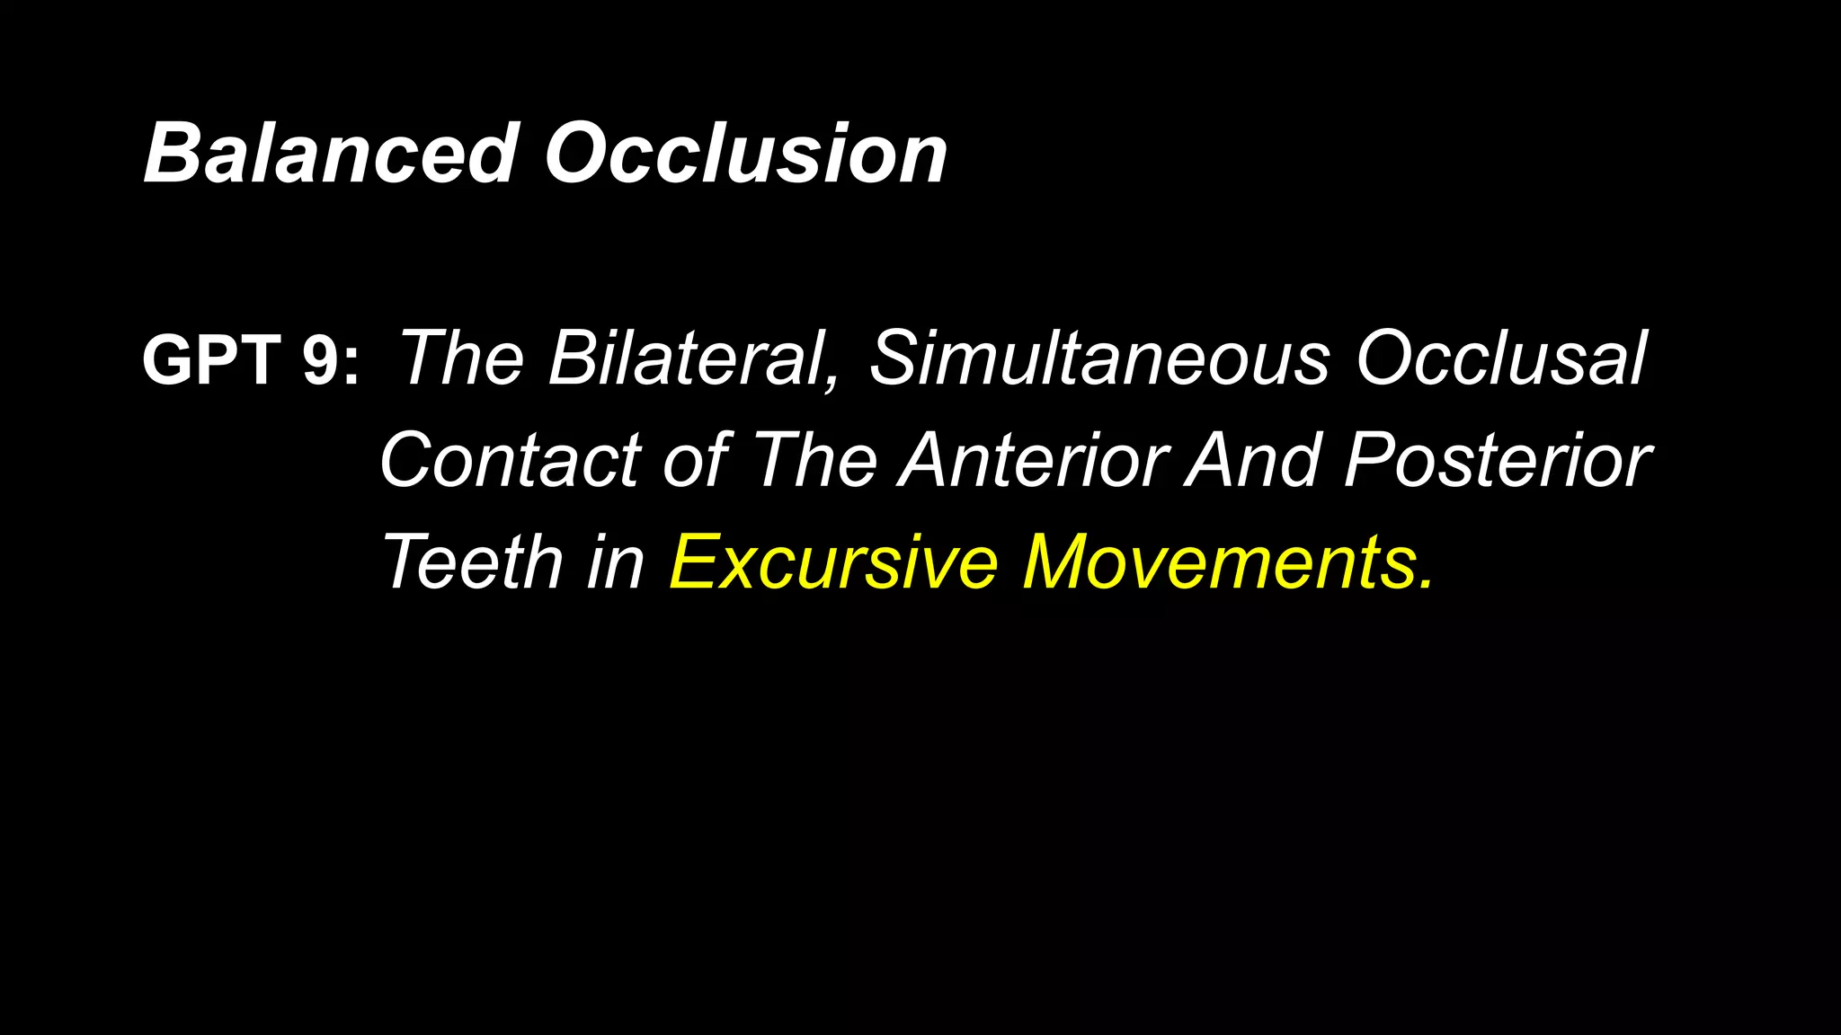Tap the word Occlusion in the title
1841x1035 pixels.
click(x=746, y=154)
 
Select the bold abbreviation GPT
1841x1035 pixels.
click(x=211, y=359)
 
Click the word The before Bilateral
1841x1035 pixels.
click(x=460, y=358)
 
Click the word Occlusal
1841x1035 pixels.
click(x=1500, y=358)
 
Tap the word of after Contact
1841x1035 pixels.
click(x=696, y=460)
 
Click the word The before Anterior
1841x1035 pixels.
click(x=814, y=460)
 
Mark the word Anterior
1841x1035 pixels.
click(x=1033, y=460)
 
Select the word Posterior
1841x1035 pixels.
click(x=1497, y=460)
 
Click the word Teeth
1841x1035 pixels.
click(x=473, y=562)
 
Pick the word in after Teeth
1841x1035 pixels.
click(x=616, y=562)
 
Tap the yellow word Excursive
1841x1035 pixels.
click(x=833, y=562)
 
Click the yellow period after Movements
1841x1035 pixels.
click(x=1424, y=585)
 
